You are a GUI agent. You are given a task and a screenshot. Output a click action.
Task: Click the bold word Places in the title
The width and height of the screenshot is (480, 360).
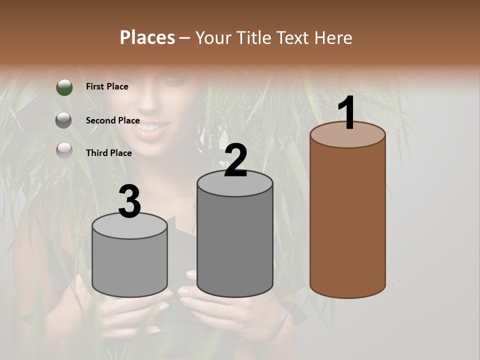[147, 37]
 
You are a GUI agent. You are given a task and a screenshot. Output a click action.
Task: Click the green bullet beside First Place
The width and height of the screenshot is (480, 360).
[64, 87]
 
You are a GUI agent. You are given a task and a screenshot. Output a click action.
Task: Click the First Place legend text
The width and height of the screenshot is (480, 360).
[107, 86]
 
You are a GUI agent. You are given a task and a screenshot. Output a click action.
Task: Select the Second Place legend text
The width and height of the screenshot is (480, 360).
[112, 120]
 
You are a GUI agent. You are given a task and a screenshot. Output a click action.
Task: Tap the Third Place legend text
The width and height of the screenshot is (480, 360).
[109, 153]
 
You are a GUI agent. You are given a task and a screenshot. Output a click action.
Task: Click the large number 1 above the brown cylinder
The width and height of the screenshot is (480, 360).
[347, 112]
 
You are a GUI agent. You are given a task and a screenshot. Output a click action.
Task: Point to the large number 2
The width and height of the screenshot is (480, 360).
[235, 160]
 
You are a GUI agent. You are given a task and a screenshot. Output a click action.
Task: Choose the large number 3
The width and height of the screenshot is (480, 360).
[129, 202]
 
